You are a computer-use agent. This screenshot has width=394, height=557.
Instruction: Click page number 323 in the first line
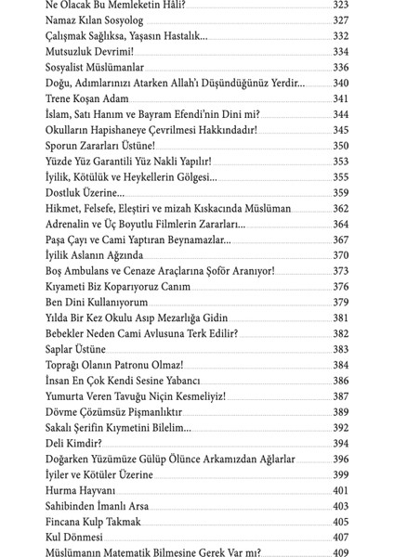point(340,5)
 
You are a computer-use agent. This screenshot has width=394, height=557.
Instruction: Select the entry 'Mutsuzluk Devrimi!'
point(85,51)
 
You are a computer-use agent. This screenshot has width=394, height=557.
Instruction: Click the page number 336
point(340,67)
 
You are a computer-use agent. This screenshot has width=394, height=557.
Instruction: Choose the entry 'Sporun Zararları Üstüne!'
point(100,146)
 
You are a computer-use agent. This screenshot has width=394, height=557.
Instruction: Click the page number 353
point(340,162)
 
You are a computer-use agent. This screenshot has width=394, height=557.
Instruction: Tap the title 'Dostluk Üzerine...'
point(85,192)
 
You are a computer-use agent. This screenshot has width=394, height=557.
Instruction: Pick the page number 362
point(340,208)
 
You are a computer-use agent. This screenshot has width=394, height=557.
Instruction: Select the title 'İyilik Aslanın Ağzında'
point(94,255)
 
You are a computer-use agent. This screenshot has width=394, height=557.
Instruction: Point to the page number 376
point(340,287)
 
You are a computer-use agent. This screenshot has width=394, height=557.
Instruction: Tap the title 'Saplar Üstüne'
point(75,349)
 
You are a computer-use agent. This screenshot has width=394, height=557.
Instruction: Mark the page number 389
point(340,412)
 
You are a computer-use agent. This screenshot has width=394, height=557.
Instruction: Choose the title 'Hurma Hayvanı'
point(80,490)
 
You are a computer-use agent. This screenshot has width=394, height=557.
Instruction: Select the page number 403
point(340,506)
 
